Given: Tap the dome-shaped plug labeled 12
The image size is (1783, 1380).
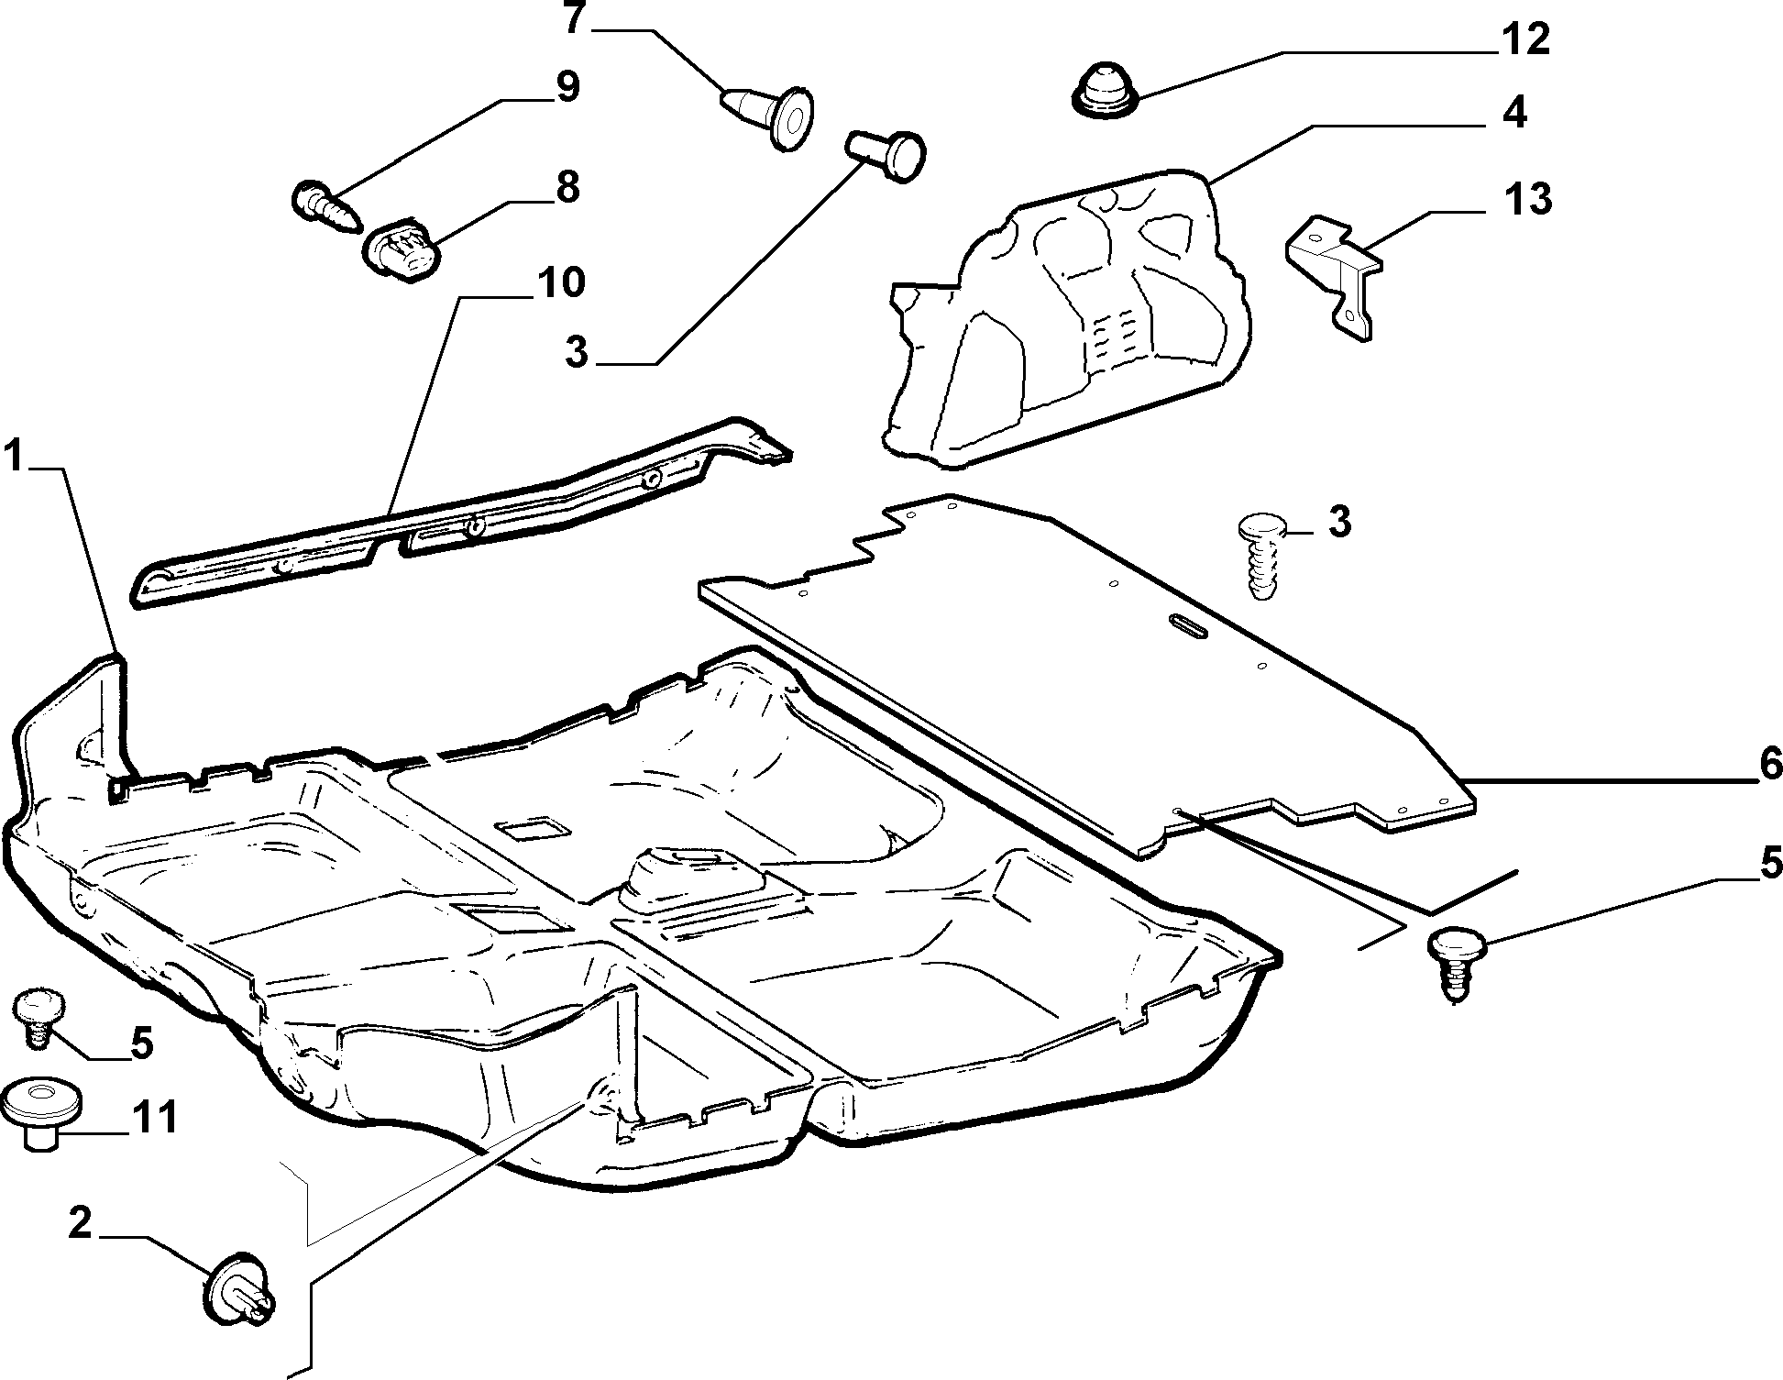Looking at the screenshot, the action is pyautogui.click(x=1104, y=91).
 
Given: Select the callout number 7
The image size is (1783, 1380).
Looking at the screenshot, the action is pyautogui.click(x=574, y=19).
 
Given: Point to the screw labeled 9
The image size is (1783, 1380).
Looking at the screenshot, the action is pyautogui.click(x=325, y=208).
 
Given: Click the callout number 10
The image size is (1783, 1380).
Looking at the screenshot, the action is pyautogui.click(x=561, y=283).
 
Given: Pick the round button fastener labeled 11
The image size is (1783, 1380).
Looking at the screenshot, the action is pyautogui.click(x=41, y=1114).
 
